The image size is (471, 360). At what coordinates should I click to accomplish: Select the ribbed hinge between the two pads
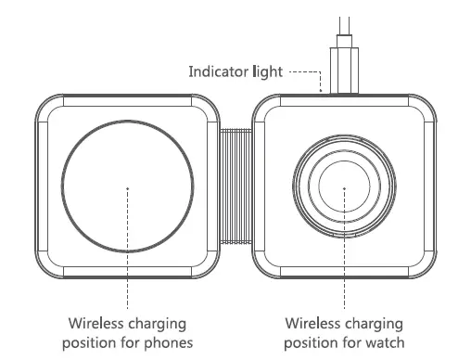coord(236,186)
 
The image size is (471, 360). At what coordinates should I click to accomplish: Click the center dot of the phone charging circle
coord(128,188)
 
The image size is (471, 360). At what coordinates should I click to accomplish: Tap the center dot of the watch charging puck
coord(344,188)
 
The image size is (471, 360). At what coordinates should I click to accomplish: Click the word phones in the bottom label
coord(166,342)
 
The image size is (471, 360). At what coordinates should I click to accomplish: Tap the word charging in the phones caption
coord(159,325)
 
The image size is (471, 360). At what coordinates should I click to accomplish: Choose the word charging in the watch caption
coord(376,325)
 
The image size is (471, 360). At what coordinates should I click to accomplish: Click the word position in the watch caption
coord(312,342)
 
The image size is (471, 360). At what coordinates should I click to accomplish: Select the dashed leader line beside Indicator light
coord(306,71)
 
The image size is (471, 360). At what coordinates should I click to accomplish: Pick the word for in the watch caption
coord(352,342)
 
